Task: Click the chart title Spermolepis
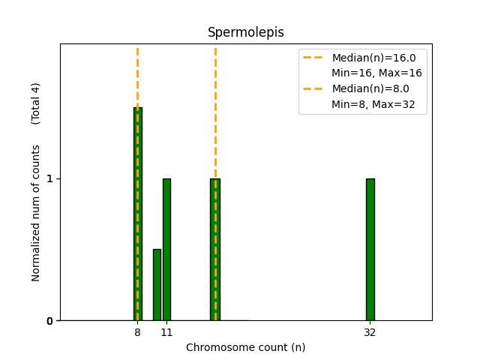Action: point(245,32)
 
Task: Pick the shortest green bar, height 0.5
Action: point(157,285)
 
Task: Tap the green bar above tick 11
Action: point(166,249)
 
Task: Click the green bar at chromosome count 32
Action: point(370,249)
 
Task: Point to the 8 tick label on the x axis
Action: point(137,332)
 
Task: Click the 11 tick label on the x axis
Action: point(166,332)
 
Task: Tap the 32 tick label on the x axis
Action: point(370,332)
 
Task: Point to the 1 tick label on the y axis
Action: point(51,179)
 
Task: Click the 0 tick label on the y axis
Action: point(51,321)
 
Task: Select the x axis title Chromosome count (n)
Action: point(245,347)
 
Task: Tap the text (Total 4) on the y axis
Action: point(35,103)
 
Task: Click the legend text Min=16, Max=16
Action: point(376,73)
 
